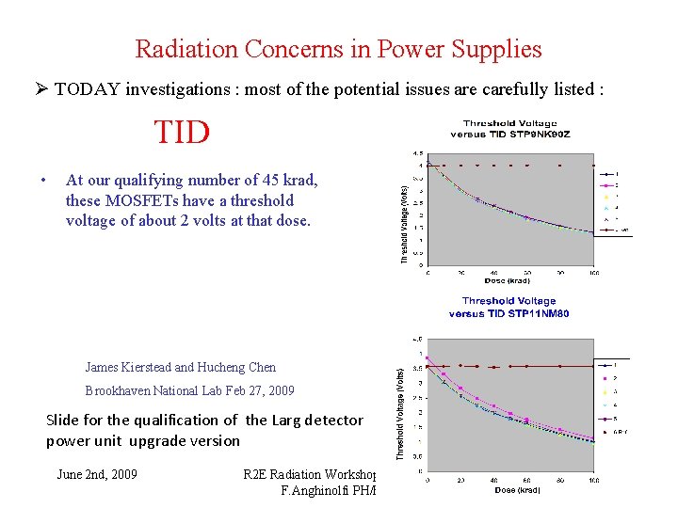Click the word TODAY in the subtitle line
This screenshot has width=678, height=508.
point(89,89)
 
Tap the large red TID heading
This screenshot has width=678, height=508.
point(182,133)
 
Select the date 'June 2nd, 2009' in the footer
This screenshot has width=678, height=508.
point(96,474)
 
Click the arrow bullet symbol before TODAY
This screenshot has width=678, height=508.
point(40,89)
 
